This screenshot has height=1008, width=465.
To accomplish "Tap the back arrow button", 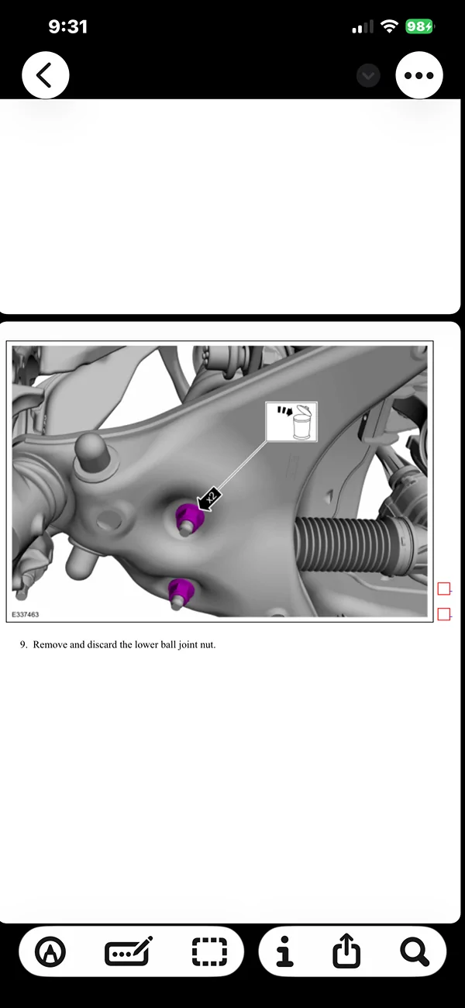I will pos(45,75).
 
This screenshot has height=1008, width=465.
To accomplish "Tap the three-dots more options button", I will pos(419,75).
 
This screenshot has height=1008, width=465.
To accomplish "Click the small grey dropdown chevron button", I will pos(368,75).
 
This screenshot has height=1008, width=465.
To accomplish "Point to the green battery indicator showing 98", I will pos(419,27).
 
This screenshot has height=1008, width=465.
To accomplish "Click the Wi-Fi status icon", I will pos(388,27).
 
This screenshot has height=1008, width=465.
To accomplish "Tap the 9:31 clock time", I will pos(67,27).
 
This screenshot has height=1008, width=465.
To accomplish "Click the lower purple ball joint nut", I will pos(181,589).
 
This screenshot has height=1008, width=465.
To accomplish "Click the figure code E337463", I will pos(26,614).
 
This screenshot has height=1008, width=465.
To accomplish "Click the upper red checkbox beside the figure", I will pos(443,589).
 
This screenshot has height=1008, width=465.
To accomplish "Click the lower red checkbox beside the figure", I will pos(443,614).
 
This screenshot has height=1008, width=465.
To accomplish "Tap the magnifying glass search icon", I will pos(415,951).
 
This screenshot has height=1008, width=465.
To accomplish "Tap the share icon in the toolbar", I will pos(346,951).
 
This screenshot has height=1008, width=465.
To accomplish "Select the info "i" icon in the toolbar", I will pos(285,951).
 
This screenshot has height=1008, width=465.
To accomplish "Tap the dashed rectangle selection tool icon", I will pos(209,951).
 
